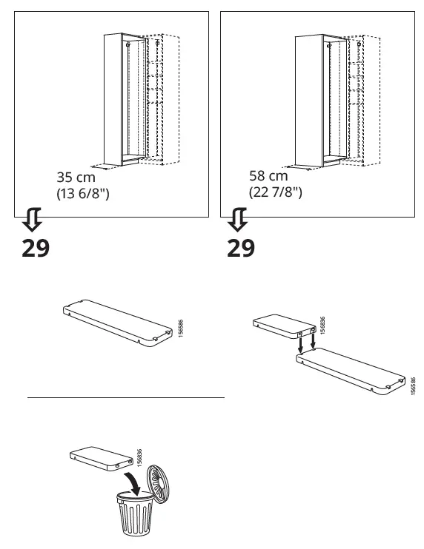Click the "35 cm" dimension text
pos(76,178)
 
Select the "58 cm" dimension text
pos(268,176)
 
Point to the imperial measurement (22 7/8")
pos(275,192)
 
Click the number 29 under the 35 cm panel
pos(35,247)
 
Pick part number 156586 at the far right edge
pos(412,385)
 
